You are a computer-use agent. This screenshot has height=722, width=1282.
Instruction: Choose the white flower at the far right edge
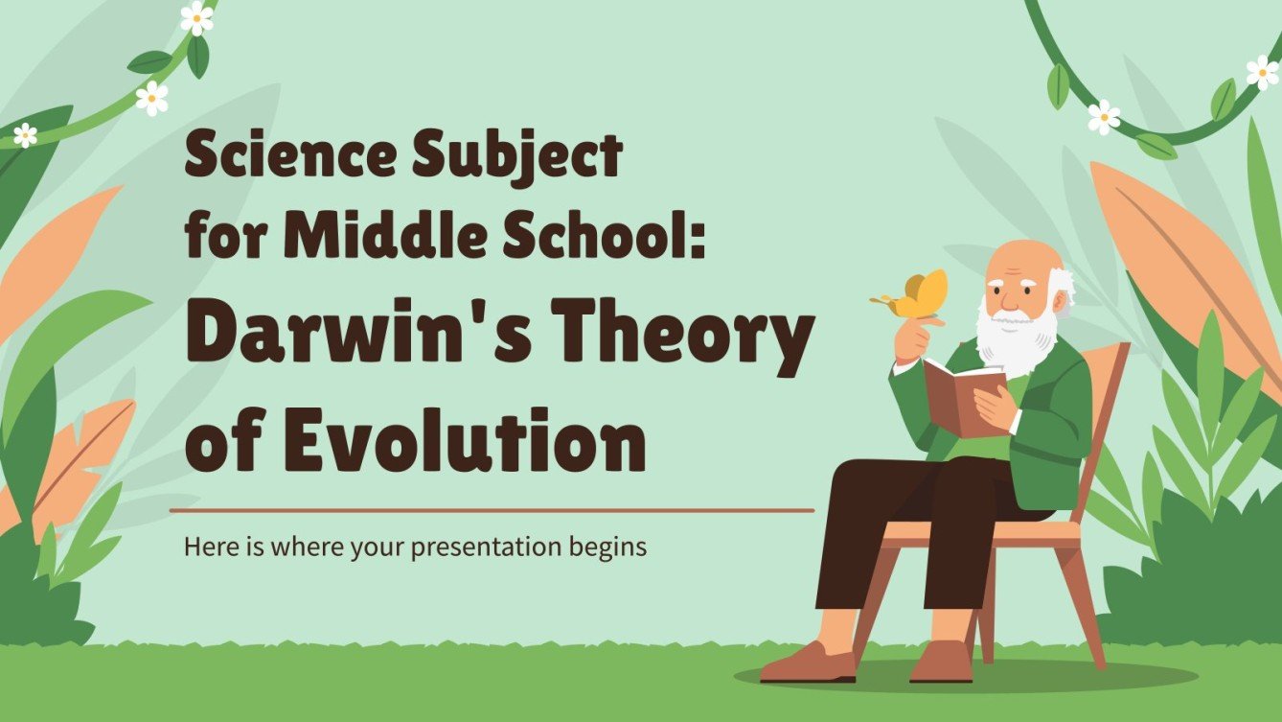[1263, 72]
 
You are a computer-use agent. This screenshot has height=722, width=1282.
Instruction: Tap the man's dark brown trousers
[901, 518]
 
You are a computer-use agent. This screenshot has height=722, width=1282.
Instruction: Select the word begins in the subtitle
[612, 547]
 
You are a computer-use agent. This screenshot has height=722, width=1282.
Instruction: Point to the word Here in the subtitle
[206, 547]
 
